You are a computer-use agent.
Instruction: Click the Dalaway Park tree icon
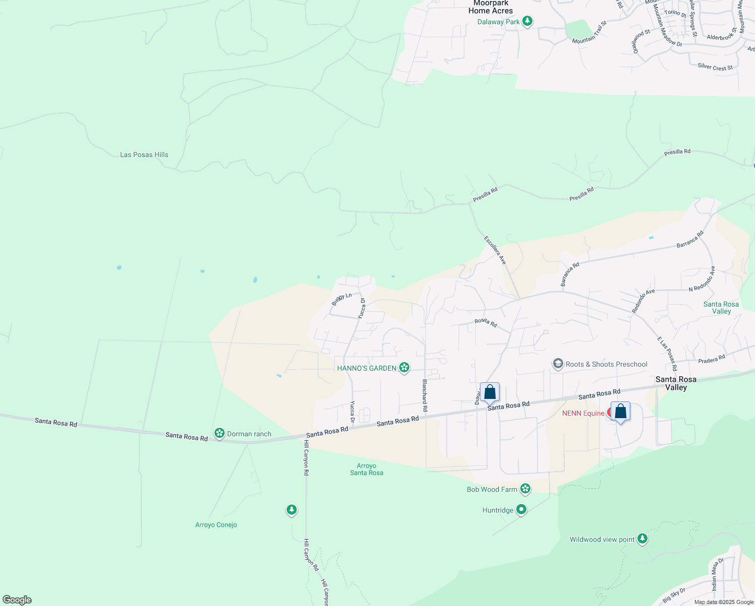(527, 21)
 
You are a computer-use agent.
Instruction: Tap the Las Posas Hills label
(144, 155)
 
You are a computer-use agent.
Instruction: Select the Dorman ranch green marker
(219, 433)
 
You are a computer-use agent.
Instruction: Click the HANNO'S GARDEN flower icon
(404, 368)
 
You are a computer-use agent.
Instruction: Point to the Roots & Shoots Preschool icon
(558, 364)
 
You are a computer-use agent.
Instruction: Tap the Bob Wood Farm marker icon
(525, 489)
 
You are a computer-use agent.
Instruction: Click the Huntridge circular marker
(521, 510)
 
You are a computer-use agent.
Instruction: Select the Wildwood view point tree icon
(642, 539)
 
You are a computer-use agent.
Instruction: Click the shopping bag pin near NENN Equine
(620, 412)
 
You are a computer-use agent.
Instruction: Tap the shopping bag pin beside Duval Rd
(490, 392)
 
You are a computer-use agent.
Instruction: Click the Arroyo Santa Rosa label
(366, 469)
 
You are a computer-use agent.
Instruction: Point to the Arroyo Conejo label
(216, 525)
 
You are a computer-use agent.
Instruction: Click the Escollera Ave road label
(495, 250)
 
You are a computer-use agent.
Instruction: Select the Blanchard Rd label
(425, 395)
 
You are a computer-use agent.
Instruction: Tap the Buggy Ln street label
(342, 298)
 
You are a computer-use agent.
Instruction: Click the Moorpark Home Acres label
(491, 7)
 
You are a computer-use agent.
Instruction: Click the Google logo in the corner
(17, 599)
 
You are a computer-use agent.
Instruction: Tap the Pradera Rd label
(712, 358)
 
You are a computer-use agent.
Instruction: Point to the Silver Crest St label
(715, 67)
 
